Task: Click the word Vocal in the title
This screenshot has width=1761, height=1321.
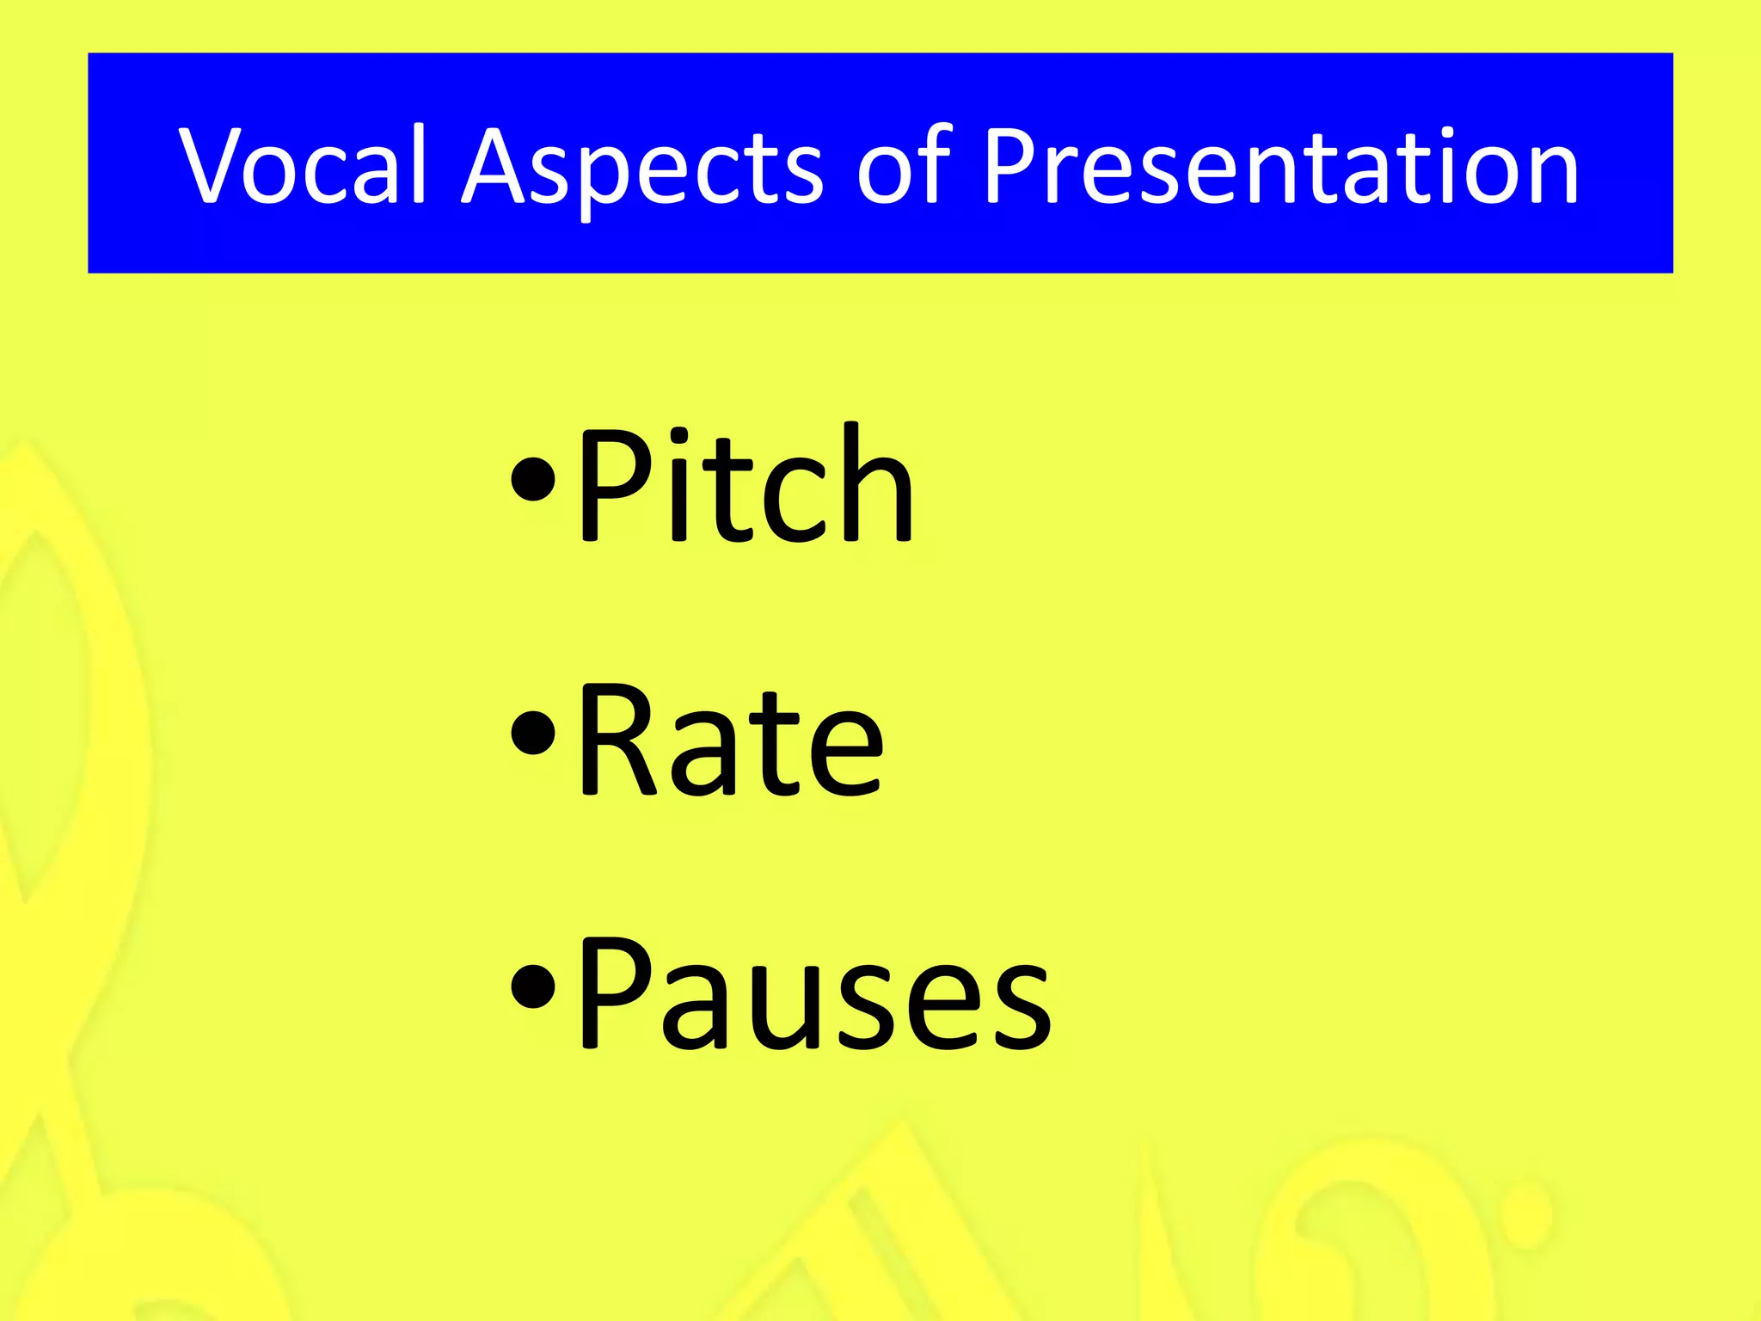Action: coord(303,165)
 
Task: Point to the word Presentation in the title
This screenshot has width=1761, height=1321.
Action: coord(1281,165)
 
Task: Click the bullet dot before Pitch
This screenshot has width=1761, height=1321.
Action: coord(533,480)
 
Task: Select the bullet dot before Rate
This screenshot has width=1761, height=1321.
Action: coord(533,733)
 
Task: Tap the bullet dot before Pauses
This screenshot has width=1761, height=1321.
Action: coord(533,986)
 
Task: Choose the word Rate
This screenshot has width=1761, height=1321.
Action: coord(731,740)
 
